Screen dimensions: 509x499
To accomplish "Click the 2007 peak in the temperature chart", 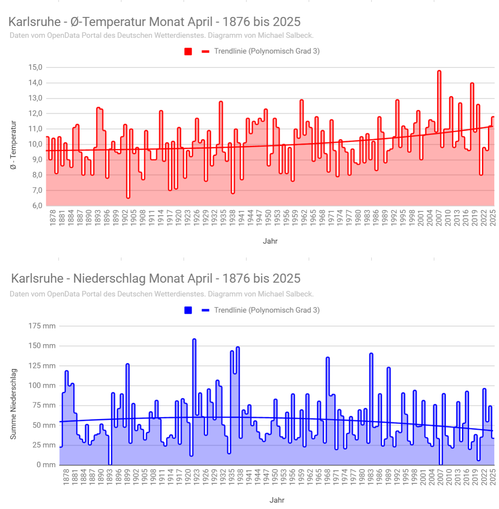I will [x=439, y=71].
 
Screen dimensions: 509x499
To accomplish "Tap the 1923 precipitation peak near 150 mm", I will [x=194, y=339].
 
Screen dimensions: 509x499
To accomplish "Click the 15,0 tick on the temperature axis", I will [x=35, y=67].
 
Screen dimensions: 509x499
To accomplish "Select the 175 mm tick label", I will [x=42, y=326].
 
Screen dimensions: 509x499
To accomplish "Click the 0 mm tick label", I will [x=46, y=465].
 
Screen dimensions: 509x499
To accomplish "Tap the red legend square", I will [x=188, y=52].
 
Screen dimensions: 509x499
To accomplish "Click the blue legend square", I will [x=188, y=310].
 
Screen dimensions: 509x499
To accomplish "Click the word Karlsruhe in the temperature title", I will [x=35, y=22].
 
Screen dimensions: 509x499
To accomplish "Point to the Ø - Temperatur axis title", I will [x=14, y=145].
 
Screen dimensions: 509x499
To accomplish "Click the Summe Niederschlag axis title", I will [x=14, y=404].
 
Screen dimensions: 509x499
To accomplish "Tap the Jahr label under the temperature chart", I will [x=270, y=241].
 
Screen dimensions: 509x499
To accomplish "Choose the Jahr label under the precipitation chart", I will [x=277, y=500].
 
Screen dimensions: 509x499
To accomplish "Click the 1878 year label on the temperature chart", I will [x=53, y=217].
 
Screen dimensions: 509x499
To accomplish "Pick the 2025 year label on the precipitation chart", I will [x=492, y=476].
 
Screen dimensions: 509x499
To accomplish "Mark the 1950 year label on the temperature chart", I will [x=268, y=217].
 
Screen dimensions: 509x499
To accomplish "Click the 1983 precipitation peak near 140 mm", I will [x=371, y=354].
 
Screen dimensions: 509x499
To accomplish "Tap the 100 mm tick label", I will [x=42, y=385].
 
